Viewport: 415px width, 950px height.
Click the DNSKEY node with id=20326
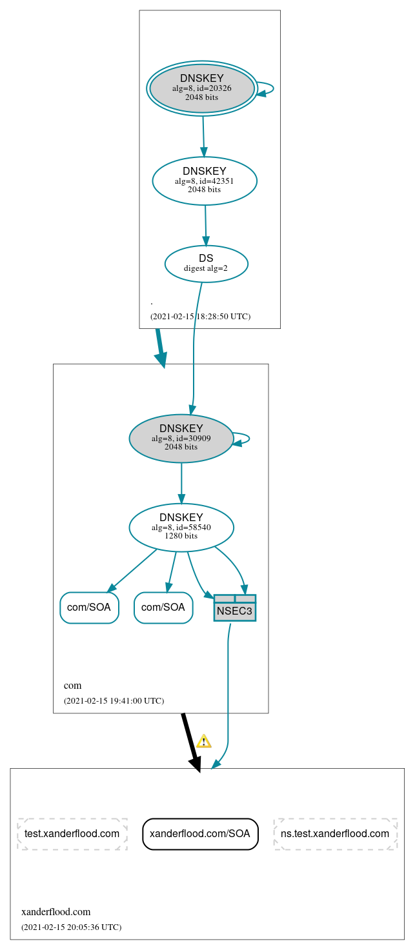pos(202,88)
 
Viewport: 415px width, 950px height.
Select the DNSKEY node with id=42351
pos(205,181)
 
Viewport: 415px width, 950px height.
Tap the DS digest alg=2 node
pos(206,263)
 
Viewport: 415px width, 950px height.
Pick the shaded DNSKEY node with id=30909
pos(181,439)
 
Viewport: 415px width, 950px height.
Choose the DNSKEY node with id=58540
pos(181,528)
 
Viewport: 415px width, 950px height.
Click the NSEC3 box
pos(235,608)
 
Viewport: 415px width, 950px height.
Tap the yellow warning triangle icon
pos(204,741)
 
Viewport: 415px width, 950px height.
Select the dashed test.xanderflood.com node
pos(72,833)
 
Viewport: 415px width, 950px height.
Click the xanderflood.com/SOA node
pos(200,833)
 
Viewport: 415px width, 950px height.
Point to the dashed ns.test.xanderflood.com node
pos(335,833)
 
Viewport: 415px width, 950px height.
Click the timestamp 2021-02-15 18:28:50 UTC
pos(200,317)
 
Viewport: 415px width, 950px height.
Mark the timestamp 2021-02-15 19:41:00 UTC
pos(114,700)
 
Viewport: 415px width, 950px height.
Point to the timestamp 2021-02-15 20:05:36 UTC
pos(71,927)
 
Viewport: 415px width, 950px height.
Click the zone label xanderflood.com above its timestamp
pos(56,911)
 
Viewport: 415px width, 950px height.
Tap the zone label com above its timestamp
pos(72,685)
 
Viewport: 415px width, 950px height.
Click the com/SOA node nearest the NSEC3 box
pos(163,608)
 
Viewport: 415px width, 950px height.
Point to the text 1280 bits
pos(181,536)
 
